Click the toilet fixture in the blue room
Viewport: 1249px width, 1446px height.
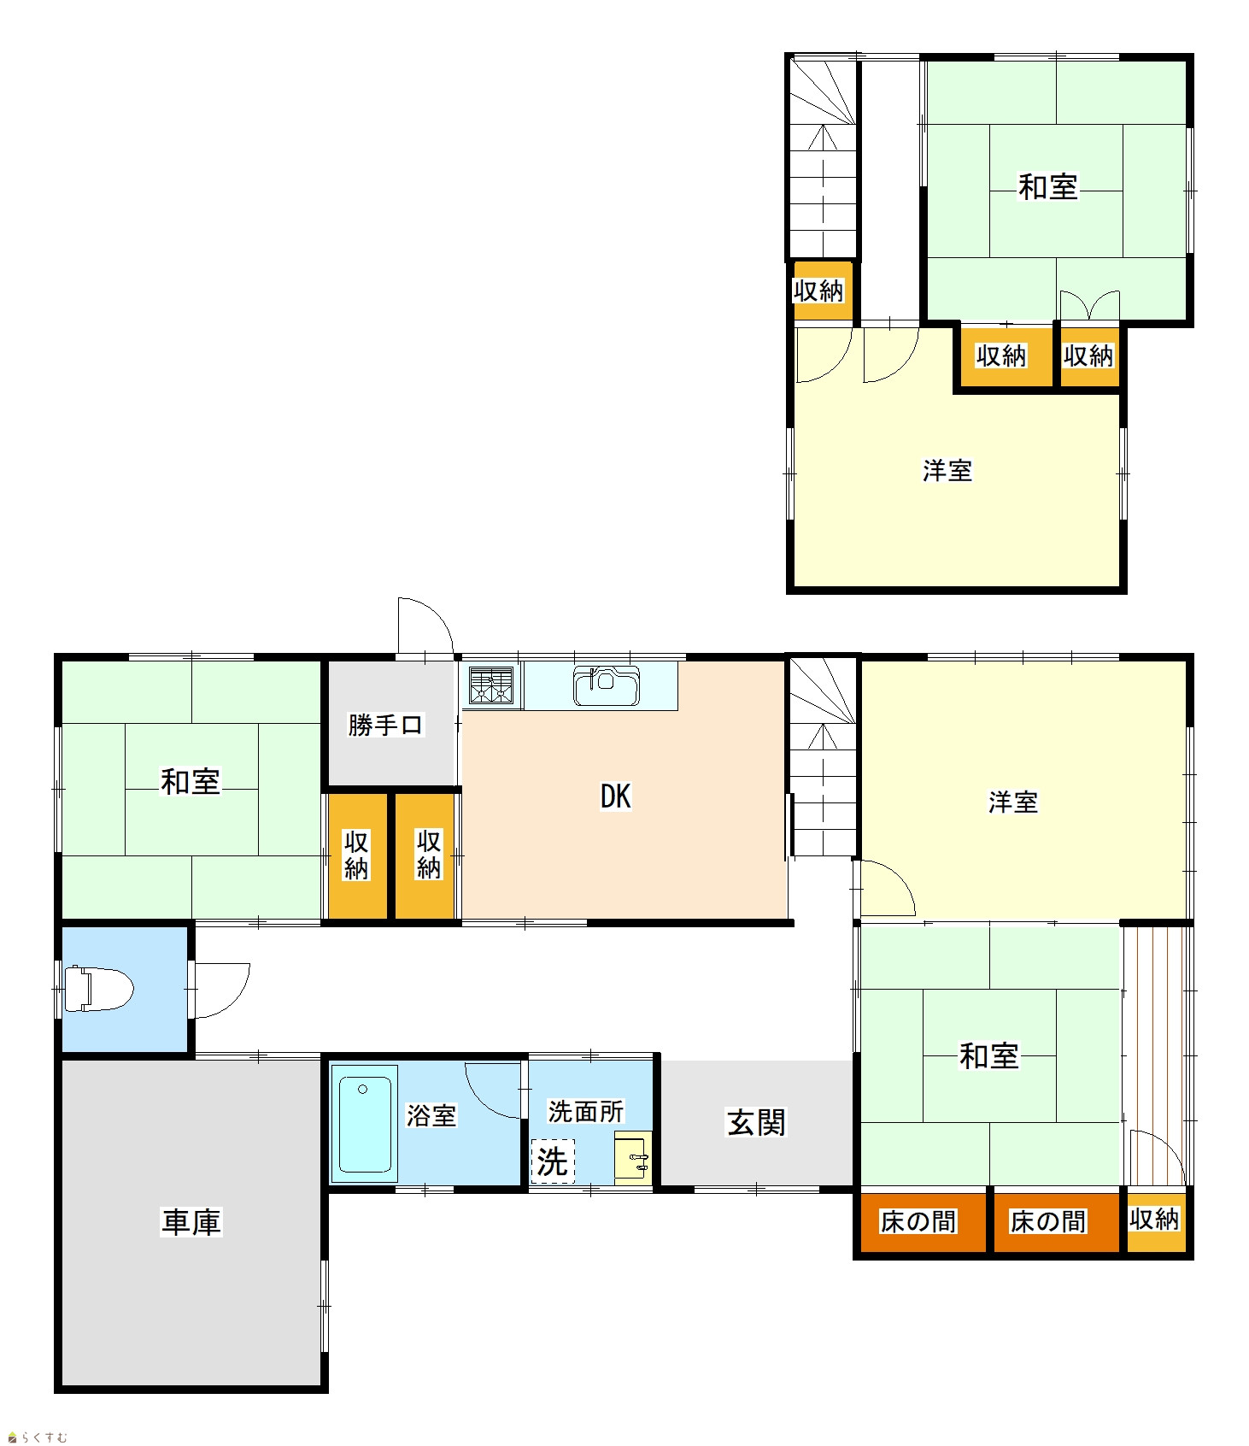point(98,989)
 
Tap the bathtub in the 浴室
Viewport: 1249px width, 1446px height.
point(365,1123)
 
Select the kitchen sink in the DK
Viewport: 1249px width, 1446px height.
point(606,685)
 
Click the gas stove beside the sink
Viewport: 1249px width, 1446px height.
point(491,685)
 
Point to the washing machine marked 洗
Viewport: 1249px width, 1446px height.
point(553,1161)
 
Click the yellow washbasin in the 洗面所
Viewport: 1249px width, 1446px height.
point(633,1158)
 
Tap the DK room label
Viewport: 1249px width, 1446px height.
point(615,796)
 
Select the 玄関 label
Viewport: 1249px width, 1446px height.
point(756,1122)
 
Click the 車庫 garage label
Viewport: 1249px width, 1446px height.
point(191,1222)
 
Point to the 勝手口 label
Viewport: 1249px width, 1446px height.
point(385,725)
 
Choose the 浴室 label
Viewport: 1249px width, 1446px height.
point(431,1115)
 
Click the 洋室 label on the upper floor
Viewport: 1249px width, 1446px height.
point(947,470)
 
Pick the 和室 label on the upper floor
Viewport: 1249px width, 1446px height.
point(1048,186)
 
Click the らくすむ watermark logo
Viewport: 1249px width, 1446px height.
point(38,1437)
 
